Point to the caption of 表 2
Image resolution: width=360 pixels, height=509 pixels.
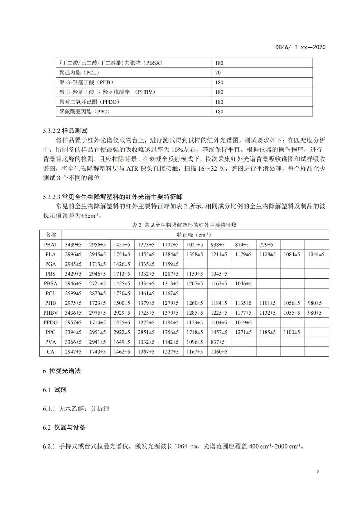(184, 225)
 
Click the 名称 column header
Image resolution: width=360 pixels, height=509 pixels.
(51, 235)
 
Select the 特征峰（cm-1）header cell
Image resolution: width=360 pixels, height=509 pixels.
(195, 235)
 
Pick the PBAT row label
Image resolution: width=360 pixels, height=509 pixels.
(51, 245)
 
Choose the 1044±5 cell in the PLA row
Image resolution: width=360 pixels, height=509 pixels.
(316, 254)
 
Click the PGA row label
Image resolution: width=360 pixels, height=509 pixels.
(51, 264)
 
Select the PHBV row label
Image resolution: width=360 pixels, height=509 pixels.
(51, 313)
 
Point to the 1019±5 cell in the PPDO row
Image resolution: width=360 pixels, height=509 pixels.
(243, 322)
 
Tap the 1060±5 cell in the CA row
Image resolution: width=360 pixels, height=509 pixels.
(219, 352)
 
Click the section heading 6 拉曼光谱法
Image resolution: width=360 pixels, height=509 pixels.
(62, 371)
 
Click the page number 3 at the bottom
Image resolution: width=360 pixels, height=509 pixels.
(318, 472)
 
